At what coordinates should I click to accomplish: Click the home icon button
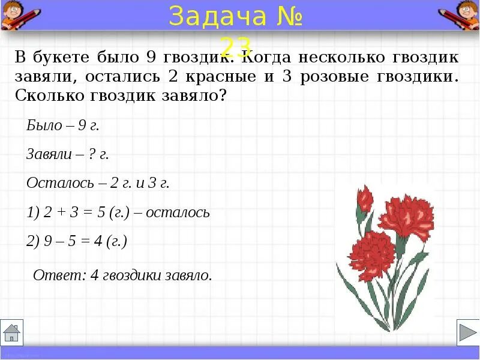pyautogui.click(x=11, y=332)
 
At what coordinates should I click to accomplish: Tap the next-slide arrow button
pyautogui.click(x=467, y=332)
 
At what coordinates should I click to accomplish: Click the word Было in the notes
pyautogui.click(x=44, y=126)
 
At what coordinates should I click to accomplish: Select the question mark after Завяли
pyautogui.click(x=91, y=154)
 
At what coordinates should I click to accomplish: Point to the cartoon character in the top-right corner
pyautogui.click(x=460, y=14)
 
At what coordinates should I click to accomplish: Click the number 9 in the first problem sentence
pyautogui.click(x=151, y=58)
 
